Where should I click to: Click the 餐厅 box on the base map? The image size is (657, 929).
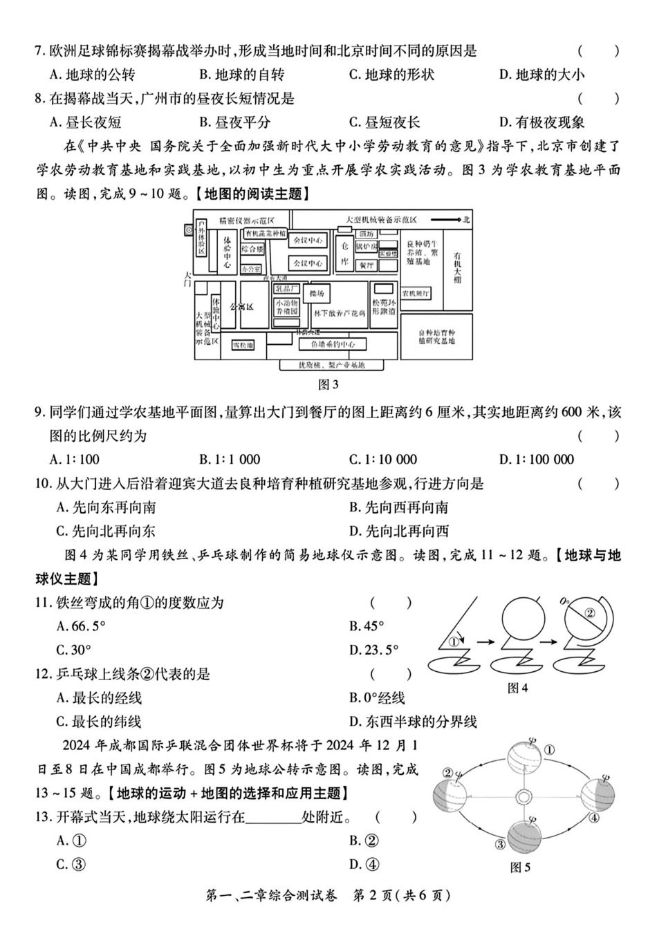(366, 265)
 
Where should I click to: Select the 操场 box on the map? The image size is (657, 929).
(317, 294)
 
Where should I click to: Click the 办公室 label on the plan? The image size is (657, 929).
(252, 268)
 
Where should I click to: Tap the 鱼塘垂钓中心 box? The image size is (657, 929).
(333, 344)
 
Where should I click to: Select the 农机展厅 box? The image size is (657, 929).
(416, 293)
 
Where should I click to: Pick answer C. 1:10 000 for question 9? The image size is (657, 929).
(383, 459)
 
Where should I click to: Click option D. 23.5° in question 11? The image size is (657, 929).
(374, 650)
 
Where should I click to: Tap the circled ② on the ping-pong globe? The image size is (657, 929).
(589, 612)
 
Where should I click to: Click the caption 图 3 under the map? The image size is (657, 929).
(328, 384)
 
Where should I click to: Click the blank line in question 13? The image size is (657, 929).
(273, 818)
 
